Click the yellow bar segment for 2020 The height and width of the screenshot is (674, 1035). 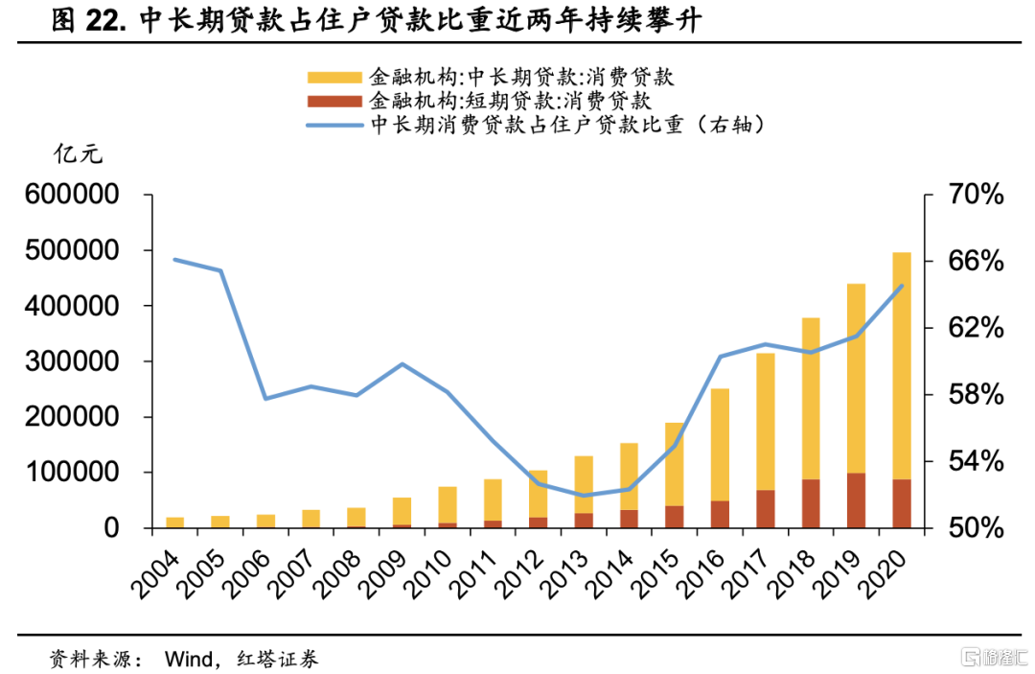tap(902, 365)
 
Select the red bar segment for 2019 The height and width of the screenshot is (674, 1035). tap(857, 500)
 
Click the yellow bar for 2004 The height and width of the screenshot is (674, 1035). tap(175, 523)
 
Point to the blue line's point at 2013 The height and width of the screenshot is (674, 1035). tap(584, 496)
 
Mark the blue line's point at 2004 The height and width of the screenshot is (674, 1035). tap(175, 259)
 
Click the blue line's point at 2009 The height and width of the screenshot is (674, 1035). tap(402, 364)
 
